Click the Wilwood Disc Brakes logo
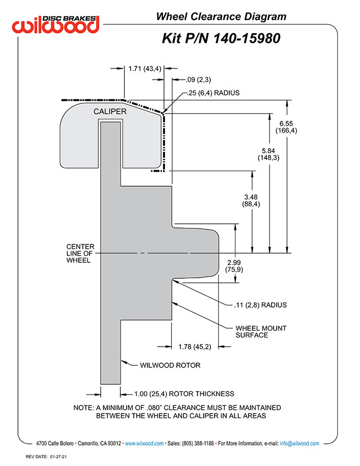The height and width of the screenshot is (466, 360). click(x=56, y=24)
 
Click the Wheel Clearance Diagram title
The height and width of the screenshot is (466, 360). click(x=221, y=17)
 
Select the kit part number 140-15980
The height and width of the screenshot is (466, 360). click(x=221, y=38)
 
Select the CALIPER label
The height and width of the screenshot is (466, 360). click(x=110, y=111)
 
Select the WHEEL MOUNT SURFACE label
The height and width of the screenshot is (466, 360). click(x=261, y=331)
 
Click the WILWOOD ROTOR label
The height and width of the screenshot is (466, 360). click(x=170, y=366)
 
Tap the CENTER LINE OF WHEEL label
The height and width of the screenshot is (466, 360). click(x=79, y=253)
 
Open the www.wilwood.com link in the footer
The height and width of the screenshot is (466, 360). click(x=144, y=443)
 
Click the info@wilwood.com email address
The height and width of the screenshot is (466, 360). click(x=299, y=443)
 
